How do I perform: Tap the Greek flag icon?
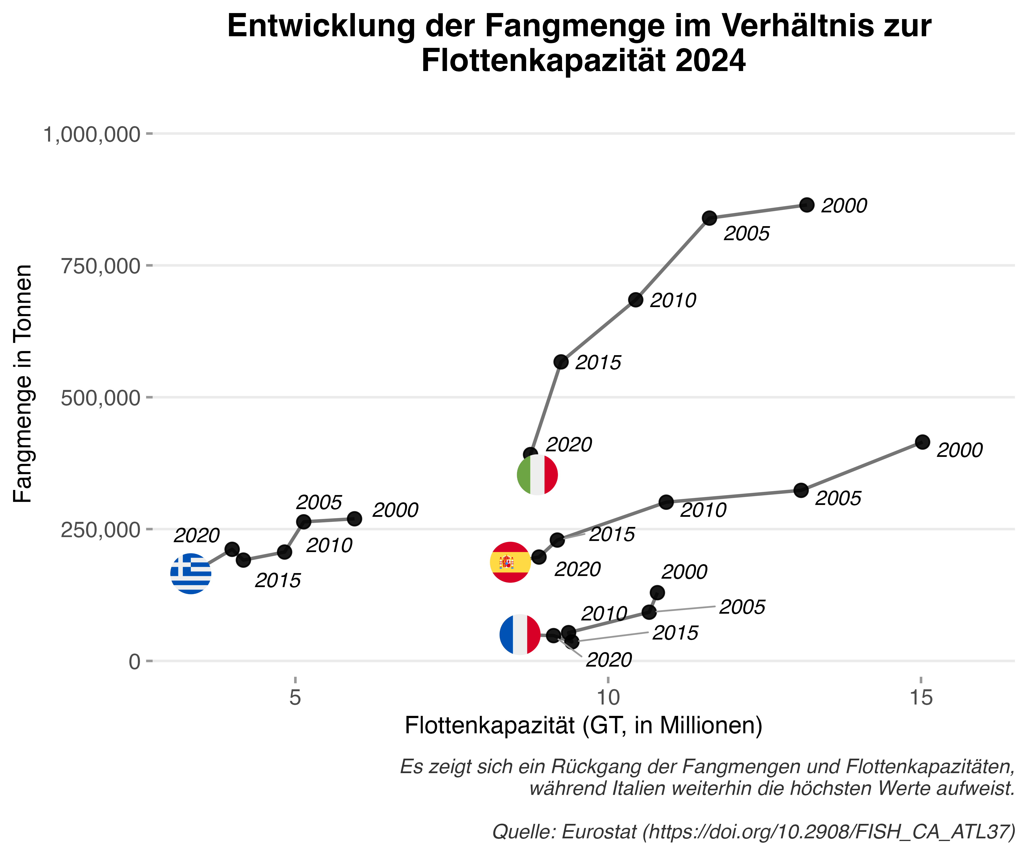coord(190,574)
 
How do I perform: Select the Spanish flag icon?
coord(510,562)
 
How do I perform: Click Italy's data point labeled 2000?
coord(807,205)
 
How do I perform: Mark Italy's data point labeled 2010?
coord(636,300)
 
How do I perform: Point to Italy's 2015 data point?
coord(561,362)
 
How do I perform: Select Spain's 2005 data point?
coord(801,490)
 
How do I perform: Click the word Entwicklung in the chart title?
coord(321,26)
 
